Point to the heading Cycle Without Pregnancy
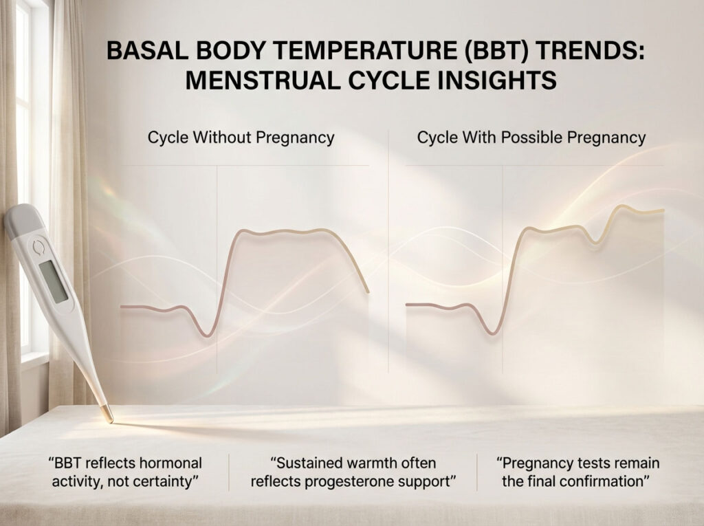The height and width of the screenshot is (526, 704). coord(241,137)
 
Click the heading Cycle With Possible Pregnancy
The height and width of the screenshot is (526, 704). coord(531,137)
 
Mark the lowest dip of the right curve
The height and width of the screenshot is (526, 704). coord(492,333)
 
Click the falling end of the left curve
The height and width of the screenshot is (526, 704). coord(367,289)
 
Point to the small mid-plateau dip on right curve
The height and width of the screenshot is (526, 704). coord(596,241)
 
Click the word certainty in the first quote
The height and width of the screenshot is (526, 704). coord(168,481)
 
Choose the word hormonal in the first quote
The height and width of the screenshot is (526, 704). coord(164,463)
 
